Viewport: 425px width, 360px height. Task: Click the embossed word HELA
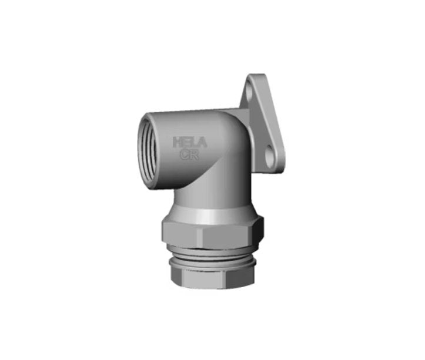190,143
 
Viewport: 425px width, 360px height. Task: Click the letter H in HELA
178,142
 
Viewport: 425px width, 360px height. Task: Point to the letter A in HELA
202,143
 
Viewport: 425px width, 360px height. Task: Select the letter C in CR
185,154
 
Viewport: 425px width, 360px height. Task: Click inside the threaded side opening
148,151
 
